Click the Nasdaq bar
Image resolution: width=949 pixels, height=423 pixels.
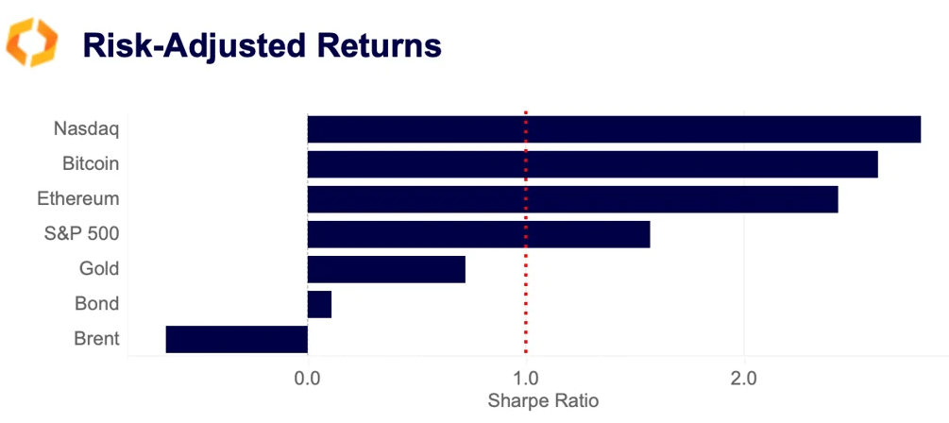coord(614,129)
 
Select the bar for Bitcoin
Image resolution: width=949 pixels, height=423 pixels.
coord(592,164)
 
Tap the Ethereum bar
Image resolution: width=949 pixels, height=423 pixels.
coord(572,199)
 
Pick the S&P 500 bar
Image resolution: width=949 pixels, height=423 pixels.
coord(479,234)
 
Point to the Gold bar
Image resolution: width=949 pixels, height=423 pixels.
coord(386,269)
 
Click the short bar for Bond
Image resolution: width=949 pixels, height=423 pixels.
coord(319,304)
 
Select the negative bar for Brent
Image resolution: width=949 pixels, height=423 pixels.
coord(237,339)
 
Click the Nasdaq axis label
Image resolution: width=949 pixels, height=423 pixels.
coord(87,129)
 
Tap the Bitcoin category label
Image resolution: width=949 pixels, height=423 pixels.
coord(91,164)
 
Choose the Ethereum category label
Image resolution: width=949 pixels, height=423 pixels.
coord(78,199)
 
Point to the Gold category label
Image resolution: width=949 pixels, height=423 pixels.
coord(99,269)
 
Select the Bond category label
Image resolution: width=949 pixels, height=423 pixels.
coord(97,304)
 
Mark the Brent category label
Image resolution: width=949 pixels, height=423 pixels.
coord(96,339)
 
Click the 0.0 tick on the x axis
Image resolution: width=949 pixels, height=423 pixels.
coord(308,379)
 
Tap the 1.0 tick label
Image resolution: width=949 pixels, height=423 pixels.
coord(526,379)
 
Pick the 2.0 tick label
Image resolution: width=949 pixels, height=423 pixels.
coord(744,379)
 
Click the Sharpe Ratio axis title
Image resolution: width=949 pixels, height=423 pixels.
coord(543,400)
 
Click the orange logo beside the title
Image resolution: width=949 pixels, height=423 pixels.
coord(32,43)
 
